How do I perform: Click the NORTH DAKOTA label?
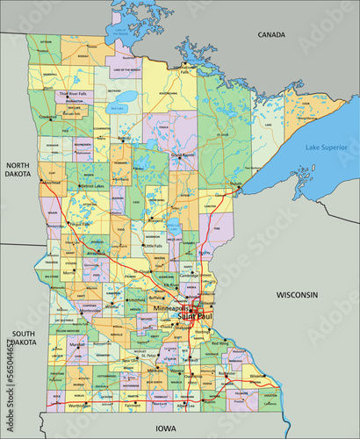(18, 169)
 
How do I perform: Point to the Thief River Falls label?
(74, 93)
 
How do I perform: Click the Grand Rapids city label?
(182, 155)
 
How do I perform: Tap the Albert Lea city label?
(185, 407)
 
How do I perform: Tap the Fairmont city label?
(133, 407)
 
